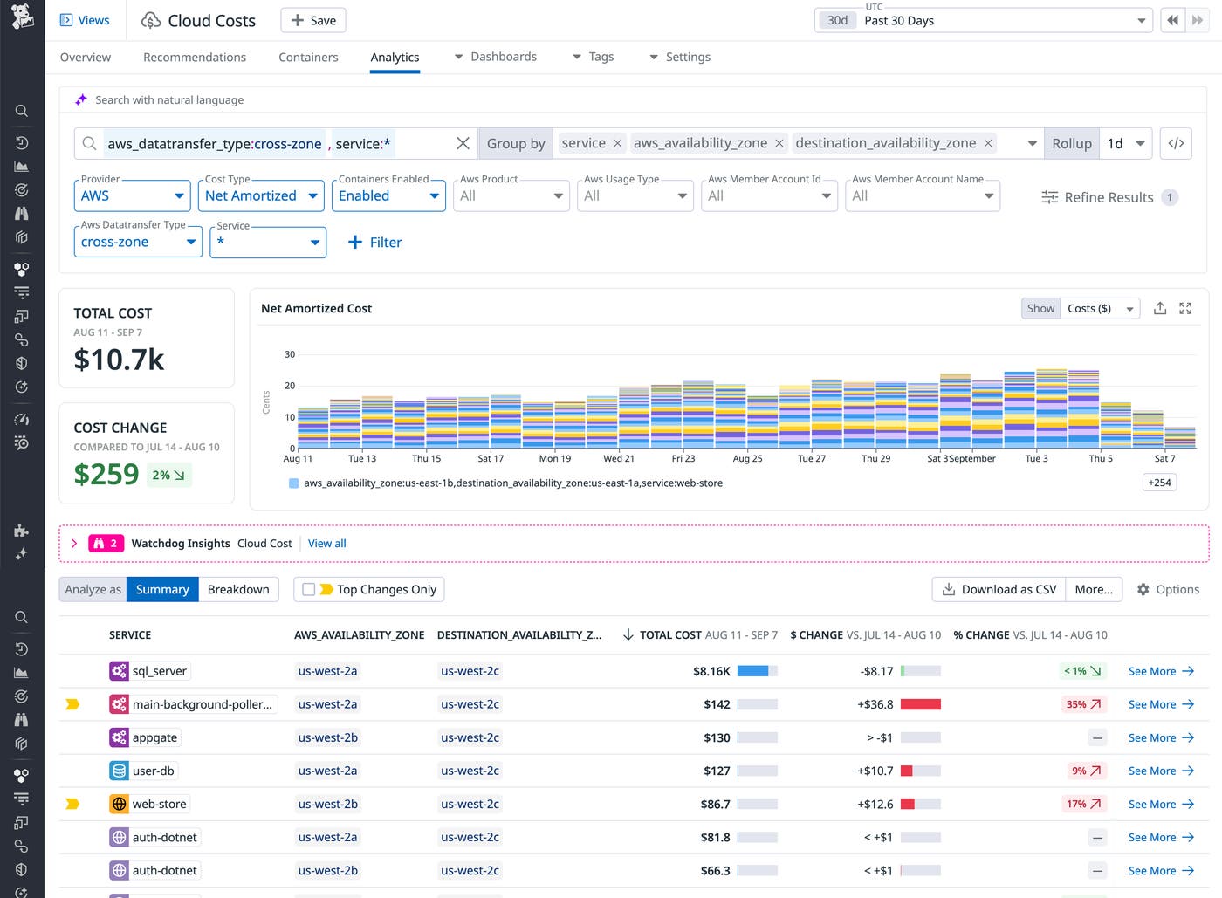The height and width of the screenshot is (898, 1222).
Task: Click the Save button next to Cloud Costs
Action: (312, 20)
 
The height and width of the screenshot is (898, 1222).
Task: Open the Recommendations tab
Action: (195, 57)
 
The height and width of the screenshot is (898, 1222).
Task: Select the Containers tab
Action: (308, 57)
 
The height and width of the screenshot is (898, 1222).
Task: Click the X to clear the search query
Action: (463, 143)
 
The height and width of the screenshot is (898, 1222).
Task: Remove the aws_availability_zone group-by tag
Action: (779, 143)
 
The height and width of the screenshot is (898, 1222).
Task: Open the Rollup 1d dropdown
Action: (1125, 143)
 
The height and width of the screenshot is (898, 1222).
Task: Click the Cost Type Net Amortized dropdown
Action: (262, 195)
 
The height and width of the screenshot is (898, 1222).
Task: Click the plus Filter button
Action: (374, 242)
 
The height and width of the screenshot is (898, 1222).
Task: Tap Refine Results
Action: (1109, 197)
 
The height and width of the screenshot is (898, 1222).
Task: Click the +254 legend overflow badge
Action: (1159, 483)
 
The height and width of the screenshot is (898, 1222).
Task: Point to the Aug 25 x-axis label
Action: (747, 458)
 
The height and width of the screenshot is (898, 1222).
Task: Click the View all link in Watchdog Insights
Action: (326, 543)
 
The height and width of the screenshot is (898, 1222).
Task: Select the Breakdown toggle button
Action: (238, 589)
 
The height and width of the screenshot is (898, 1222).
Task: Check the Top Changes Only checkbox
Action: (308, 589)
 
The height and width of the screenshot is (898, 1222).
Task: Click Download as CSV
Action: (999, 589)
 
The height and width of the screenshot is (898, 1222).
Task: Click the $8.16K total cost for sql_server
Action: (711, 671)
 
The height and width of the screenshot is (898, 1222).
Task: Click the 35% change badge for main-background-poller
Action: (1083, 704)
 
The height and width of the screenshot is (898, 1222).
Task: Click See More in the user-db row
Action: (1160, 771)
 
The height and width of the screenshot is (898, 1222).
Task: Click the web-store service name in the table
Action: (159, 804)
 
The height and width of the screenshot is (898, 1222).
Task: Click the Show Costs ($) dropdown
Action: (1100, 308)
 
